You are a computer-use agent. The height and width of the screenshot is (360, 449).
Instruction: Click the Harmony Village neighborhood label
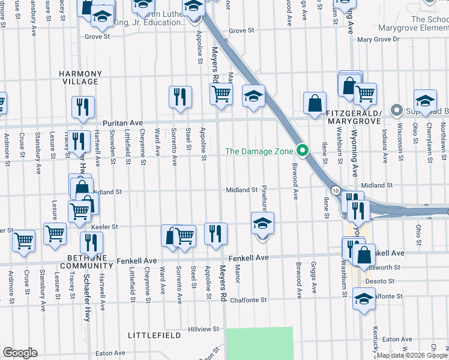[79, 77]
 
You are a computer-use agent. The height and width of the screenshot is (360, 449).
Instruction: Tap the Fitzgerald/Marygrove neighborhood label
[354, 117]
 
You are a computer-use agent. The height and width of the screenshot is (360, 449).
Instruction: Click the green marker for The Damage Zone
[304, 151]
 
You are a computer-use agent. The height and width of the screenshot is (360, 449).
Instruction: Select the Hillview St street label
[203, 329]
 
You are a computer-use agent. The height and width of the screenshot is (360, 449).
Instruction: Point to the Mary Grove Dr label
[378, 39]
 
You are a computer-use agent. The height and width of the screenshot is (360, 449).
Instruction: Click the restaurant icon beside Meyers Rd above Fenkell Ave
[215, 233]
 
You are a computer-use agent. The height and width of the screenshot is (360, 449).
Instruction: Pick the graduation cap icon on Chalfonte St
[364, 298]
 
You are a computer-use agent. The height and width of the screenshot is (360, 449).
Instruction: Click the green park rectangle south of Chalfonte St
[259, 343]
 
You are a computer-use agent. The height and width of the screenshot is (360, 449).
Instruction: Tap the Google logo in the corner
[20, 353]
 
